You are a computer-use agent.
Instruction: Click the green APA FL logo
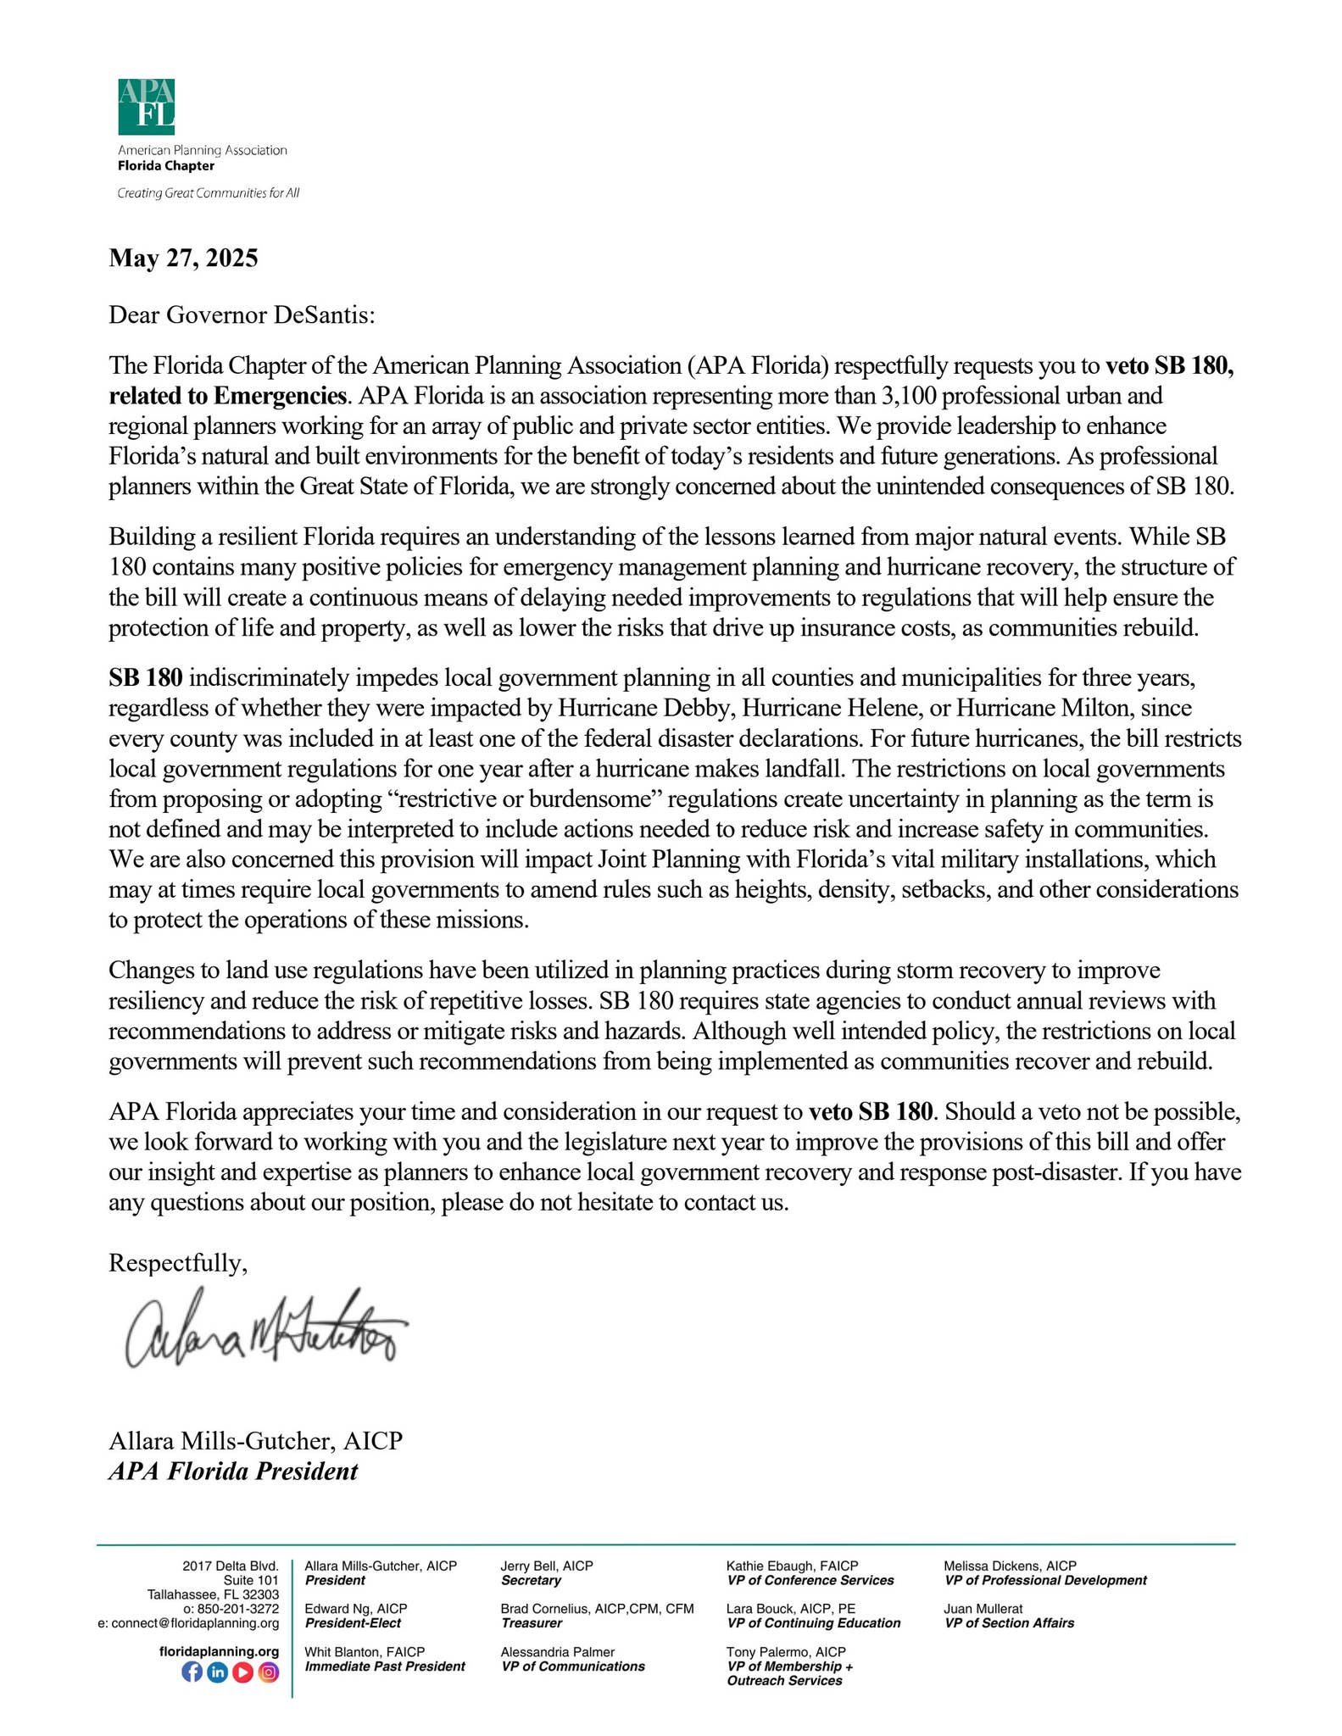coord(147,107)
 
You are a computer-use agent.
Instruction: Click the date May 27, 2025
coord(183,258)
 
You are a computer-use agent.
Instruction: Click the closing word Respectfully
coord(178,1263)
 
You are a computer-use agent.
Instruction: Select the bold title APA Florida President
coord(233,1471)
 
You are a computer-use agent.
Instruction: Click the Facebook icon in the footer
coord(192,1672)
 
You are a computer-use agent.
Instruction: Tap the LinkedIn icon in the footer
coord(217,1672)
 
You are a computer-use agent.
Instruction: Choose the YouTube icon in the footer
coord(242,1672)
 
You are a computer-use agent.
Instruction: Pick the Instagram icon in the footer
coord(268,1672)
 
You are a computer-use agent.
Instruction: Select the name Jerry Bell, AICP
coord(547,1566)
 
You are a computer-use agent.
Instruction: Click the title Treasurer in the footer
coord(532,1622)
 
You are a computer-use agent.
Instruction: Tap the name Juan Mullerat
coord(983,1608)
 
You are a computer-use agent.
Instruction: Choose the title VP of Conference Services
coord(810,1580)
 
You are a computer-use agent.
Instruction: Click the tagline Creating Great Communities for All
coord(209,193)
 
